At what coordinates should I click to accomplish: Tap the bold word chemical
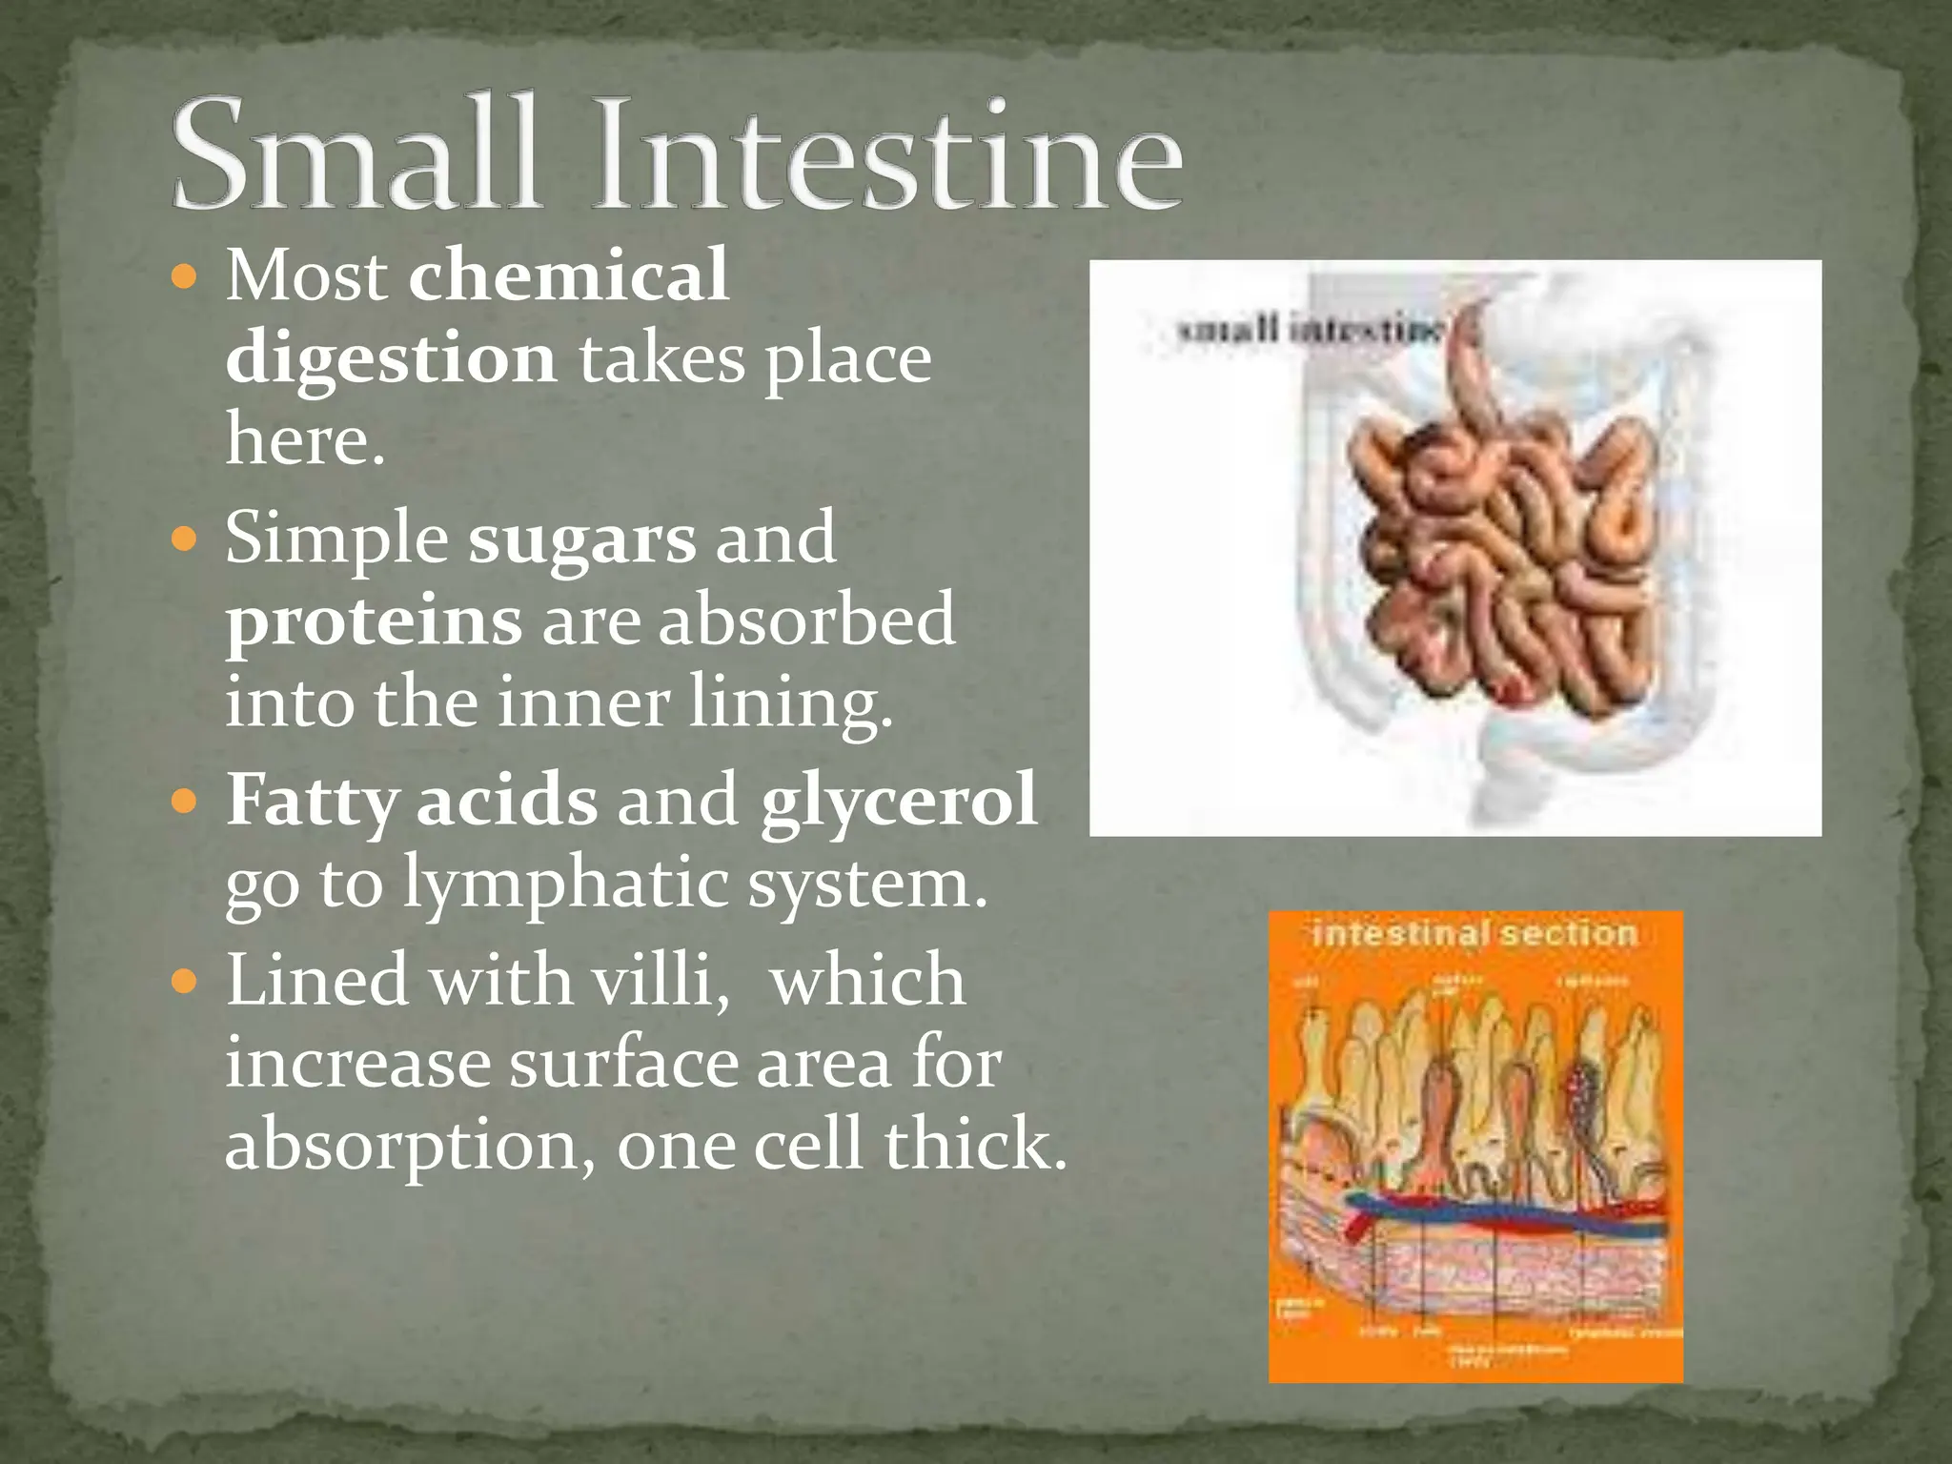[x=568, y=276]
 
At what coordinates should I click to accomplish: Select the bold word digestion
[x=391, y=359]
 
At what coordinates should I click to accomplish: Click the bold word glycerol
[x=898, y=801]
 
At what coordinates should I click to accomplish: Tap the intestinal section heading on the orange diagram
[x=1474, y=933]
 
